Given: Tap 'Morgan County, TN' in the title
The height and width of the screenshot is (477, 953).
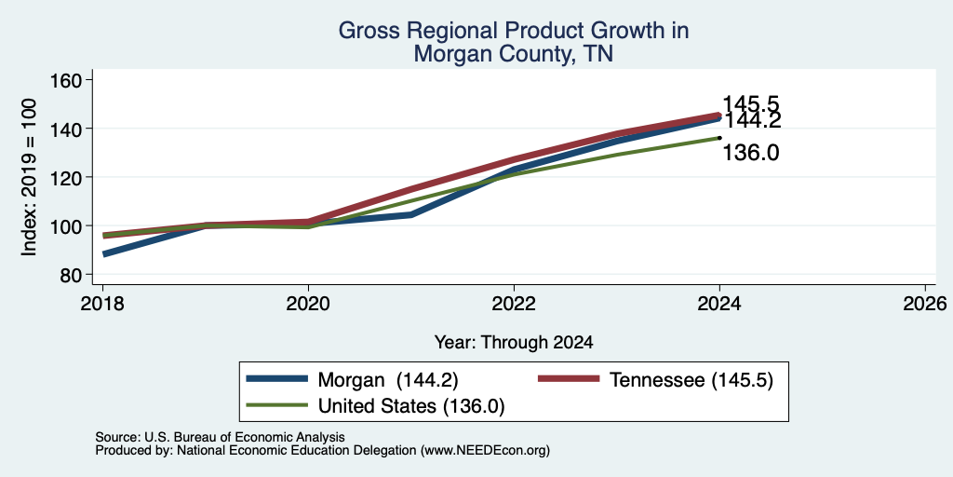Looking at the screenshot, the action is pyautogui.click(x=514, y=54).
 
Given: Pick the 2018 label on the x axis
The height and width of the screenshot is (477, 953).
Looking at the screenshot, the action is pyautogui.click(x=102, y=303).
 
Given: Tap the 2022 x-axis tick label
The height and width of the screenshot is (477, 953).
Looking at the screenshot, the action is pyautogui.click(x=514, y=303).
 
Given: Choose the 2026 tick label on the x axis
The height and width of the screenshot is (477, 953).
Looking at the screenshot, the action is pyautogui.click(x=925, y=303).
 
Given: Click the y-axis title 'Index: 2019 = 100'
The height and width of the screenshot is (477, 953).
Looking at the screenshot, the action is pyautogui.click(x=29, y=177).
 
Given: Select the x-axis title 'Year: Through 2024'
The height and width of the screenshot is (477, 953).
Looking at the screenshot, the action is pyautogui.click(x=514, y=343).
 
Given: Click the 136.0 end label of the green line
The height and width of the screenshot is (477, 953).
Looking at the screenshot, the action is pyautogui.click(x=751, y=153).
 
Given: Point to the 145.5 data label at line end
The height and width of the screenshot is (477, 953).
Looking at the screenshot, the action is pyautogui.click(x=751, y=104).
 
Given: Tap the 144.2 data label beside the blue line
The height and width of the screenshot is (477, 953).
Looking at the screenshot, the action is pyautogui.click(x=752, y=120).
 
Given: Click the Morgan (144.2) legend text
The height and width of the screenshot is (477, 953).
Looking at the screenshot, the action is pyautogui.click(x=388, y=380).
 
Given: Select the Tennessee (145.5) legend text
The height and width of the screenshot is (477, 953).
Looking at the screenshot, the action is pyautogui.click(x=691, y=380).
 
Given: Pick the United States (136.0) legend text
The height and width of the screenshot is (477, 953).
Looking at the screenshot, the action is pyautogui.click(x=411, y=406).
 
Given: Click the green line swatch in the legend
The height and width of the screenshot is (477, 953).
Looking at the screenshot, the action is pyautogui.click(x=277, y=405).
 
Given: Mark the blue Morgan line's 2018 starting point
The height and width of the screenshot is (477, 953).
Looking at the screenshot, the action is pyautogui.click(x=103, y=253).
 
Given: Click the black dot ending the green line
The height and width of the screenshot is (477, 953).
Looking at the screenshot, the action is pyautogui.click(x=719, y=138).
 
